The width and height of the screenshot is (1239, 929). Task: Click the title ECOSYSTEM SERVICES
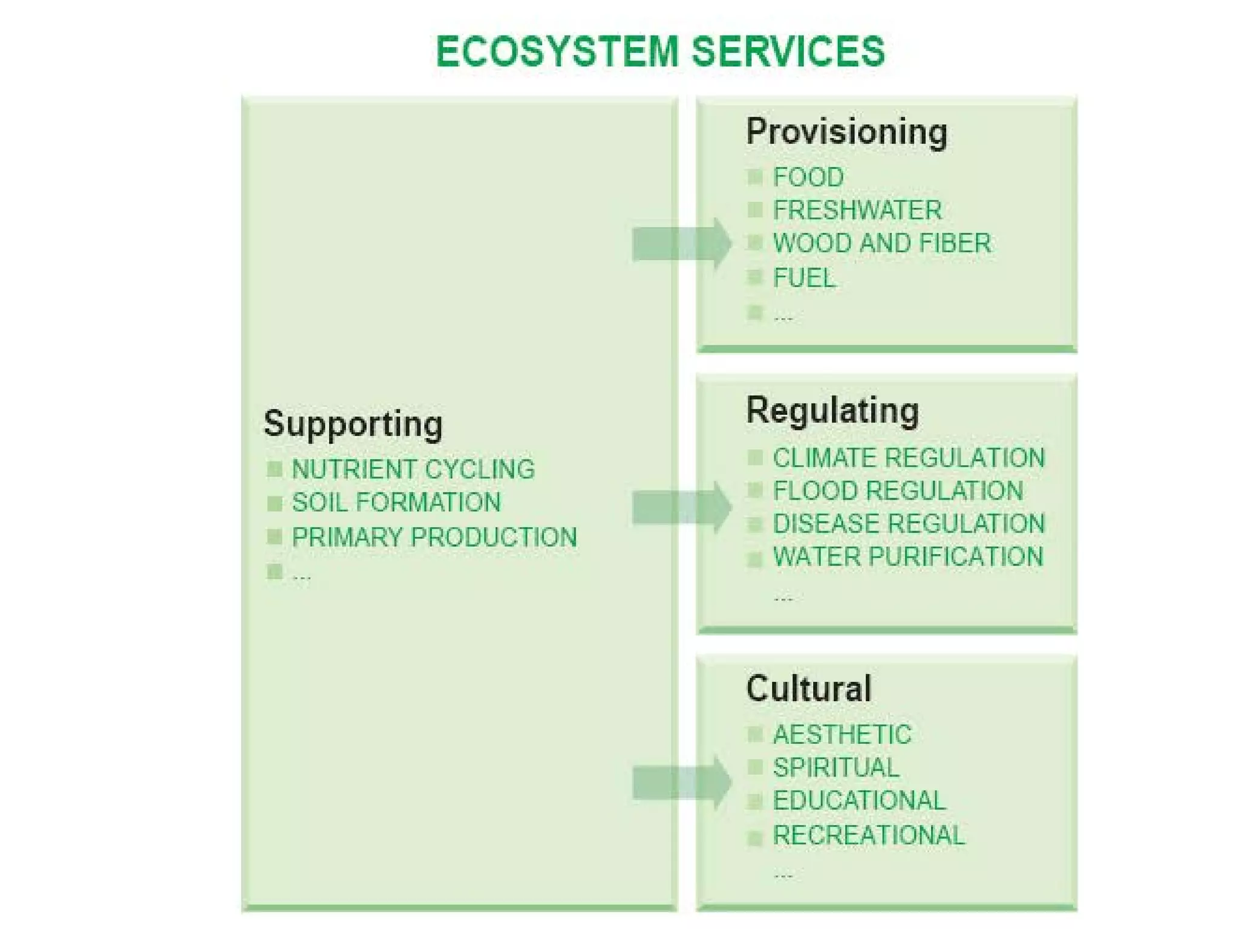[x=660, y=52]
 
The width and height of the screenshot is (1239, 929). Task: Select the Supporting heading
[x=353, y=424]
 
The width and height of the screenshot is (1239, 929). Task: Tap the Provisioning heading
[x=846, y=132]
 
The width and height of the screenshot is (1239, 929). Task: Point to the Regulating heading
[x=832, y=411]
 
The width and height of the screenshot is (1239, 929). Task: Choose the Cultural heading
[x=809, y=688]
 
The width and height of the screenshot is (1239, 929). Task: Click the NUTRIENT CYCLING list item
[x=413, y=469]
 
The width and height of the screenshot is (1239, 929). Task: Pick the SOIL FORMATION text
[x=396, y=503]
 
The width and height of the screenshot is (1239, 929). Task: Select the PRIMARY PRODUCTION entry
[x=434, y=537]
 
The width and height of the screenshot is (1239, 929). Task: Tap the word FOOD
[x=808, y=177]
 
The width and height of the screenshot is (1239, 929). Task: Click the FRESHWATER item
[x=857, y=210]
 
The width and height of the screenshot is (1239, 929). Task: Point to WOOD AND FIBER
[x=882, y=243]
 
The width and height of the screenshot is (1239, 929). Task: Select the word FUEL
[x=804, y=278]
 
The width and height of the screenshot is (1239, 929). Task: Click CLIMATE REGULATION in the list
[x=909, y=458]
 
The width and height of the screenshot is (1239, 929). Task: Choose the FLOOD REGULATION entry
[x=898, y=491]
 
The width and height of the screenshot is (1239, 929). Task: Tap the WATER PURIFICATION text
[x=908, y=557]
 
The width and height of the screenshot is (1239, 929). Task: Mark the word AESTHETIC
[x=842, y=735]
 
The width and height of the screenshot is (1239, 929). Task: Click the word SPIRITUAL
[x=836, y=768]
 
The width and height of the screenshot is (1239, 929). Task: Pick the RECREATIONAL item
[x=869, y=835]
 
